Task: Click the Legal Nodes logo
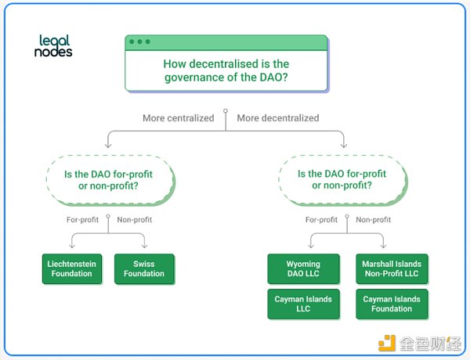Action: pyautogui.click(x=54, y=45)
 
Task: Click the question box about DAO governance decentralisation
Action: pyautogui.click(x=226, y=69)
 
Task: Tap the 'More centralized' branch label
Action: pyautogui.click(x=178, y=118)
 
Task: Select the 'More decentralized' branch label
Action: pyautogui.click(x=278, y=118)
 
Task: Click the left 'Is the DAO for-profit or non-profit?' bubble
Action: pyautogui.click(x=110, y=179)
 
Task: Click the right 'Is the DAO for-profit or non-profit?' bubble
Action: pyautogui.click(x=342, y=179)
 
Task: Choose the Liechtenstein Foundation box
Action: pyautogui.click(x=71, y=269)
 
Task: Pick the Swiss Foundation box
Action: pyautogui.click(x=144, y=269)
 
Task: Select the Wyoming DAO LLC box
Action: pyautogui.click(x=304, y=269)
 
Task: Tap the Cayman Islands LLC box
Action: pyautogui.click(x=304, y=304)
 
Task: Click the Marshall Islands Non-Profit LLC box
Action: pyautogui.click(x=392, y=269)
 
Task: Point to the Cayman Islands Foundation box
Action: pyautogui.click(x=392, y=304)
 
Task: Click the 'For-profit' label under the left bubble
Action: pyautogui.click(x=83, y=220)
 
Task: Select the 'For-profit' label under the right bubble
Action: pyautogui.click(x=321, y=220)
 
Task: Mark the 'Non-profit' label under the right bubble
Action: pyautogui.click(x=374, y=220)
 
